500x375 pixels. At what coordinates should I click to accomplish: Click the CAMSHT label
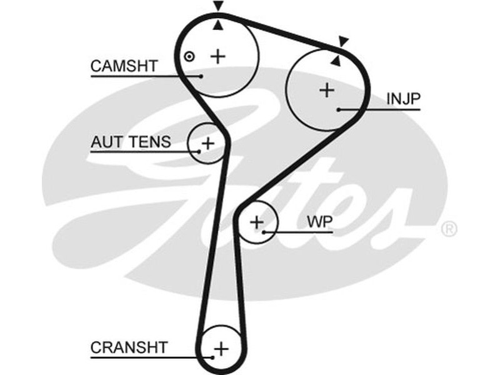[x=124, y=66]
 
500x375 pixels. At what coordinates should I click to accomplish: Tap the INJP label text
[x=403, y=99]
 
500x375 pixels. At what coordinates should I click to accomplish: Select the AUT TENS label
[x=130, y=142]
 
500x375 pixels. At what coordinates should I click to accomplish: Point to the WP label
[x=319, y=222]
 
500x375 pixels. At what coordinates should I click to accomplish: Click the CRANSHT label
[x=129, y=347]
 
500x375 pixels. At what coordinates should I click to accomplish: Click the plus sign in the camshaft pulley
[x=217, y=56]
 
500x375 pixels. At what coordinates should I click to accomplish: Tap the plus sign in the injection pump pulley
[x=326, y=90]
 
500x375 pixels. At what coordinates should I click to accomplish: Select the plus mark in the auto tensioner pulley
[x=208, y=144]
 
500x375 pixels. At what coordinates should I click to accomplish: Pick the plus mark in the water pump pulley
[x=257, y=222]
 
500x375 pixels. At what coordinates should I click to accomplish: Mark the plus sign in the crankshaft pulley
[x=222, y=347]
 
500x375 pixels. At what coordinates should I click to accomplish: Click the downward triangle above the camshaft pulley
[x=217, y=6]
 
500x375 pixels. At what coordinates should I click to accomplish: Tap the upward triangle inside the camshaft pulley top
[x=217, y=25]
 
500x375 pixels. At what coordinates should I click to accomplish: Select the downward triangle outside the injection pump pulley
[x=342, y=42]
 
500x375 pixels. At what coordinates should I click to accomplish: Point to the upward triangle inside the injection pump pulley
[x=336, y=61]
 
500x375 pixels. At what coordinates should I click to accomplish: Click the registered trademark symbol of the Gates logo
[x=449, y=229]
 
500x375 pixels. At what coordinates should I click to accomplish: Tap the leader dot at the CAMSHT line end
[x=202, y=76]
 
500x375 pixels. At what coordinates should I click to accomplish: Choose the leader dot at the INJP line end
[x=338, y=109]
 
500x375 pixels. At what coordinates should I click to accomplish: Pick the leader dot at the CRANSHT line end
[x=213, y=357]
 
